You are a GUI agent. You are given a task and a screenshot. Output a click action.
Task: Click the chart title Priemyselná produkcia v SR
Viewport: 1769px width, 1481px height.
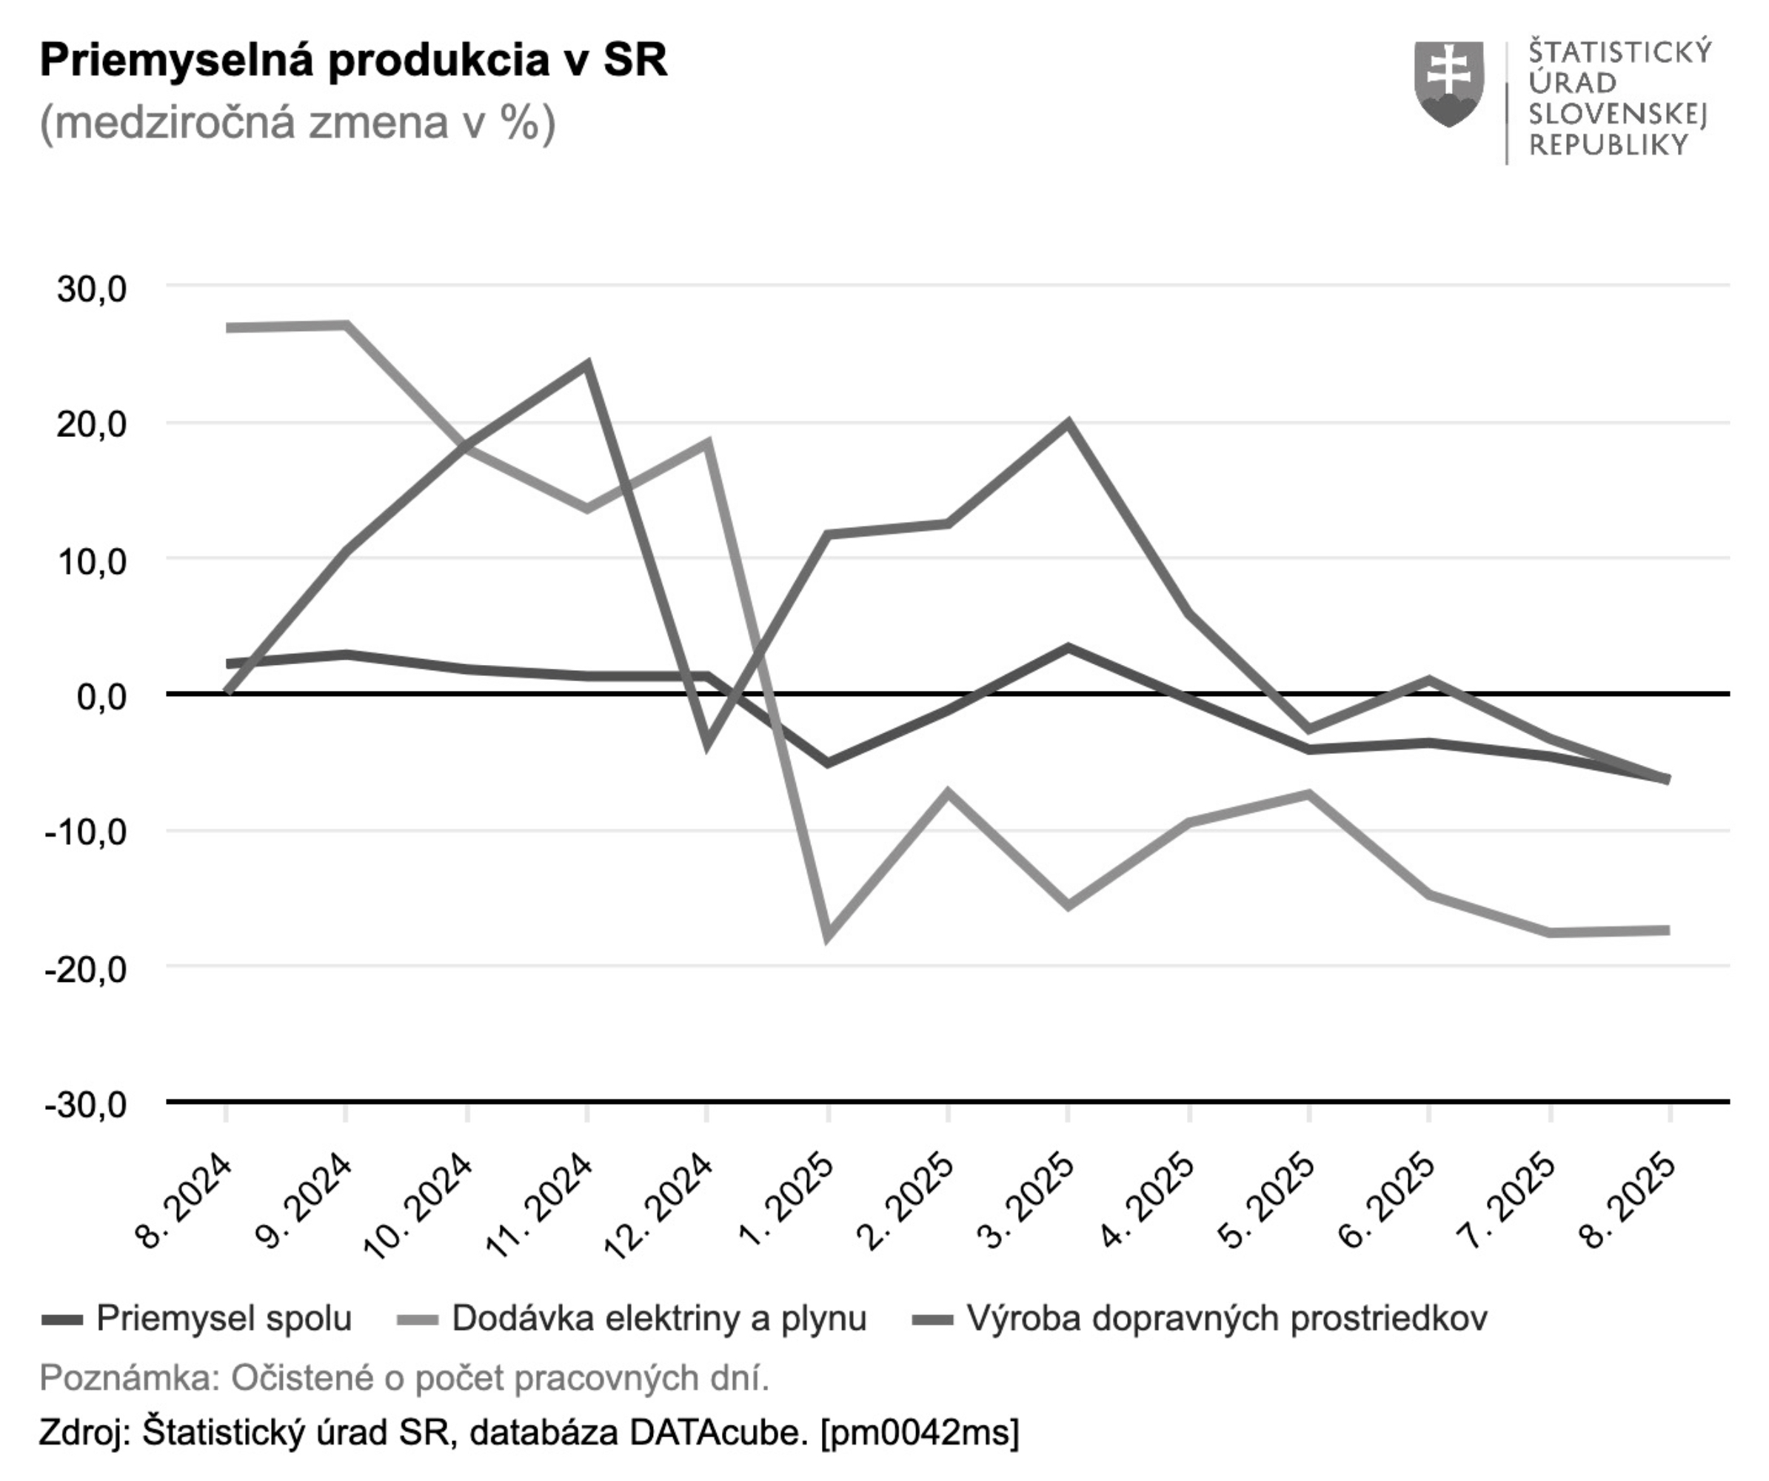(x=353, y=61)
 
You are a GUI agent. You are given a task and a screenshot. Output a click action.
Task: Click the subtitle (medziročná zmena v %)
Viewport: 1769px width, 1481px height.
(x=298, y=123)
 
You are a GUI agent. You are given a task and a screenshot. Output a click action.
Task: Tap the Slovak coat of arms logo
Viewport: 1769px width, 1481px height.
(x=1449, y=84)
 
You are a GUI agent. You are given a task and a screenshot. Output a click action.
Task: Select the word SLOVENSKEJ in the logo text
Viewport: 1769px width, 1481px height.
(x=1617, y=114)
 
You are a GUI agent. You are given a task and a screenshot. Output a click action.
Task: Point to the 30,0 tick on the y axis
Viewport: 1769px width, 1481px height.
(x=91, y=289)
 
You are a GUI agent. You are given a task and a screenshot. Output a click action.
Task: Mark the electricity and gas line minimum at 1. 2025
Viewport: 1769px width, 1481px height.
(x=828, y=936)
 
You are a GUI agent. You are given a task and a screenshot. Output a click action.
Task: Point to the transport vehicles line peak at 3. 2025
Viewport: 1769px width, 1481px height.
(x=1069, y=423)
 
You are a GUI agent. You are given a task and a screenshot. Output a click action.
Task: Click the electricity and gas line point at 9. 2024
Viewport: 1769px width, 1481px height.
(x=347, y=325)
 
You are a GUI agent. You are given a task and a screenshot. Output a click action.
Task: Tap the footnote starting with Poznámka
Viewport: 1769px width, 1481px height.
(x=404, y=1378)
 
